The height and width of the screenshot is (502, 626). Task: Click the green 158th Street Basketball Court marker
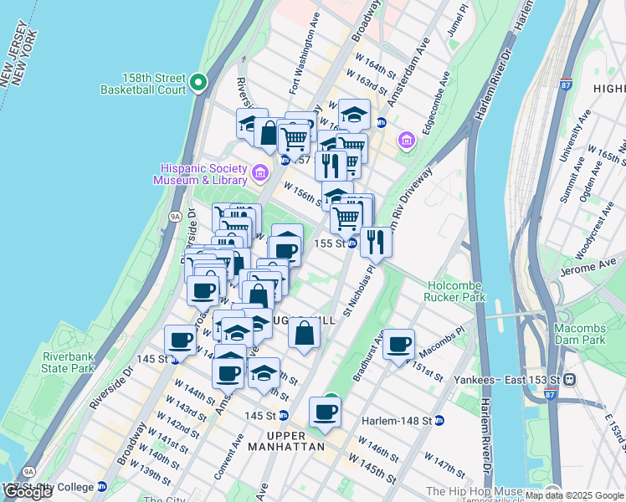198,82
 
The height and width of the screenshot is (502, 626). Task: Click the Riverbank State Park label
69,361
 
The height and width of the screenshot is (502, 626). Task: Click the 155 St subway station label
328,243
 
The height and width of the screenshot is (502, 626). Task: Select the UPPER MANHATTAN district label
295,441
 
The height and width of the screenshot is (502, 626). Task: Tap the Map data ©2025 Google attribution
573,495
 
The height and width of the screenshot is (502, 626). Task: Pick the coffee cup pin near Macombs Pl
399,342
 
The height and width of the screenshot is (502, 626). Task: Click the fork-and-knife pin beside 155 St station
376,242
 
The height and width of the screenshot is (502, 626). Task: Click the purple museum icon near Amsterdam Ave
407,141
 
